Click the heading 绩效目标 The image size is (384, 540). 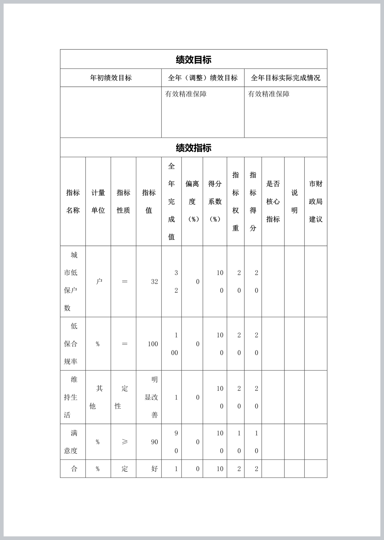coord(193,59)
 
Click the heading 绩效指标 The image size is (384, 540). coord(193,148)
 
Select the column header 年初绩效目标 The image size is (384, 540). coord(111,78)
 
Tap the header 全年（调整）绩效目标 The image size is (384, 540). coord(203,78)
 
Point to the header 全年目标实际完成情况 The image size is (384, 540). coord(285,78)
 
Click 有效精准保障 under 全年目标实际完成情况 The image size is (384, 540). coord(269,94)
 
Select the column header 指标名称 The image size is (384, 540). coord(73,201)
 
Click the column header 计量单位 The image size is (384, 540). coord(98,201)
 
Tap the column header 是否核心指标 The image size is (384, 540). coord(273,201)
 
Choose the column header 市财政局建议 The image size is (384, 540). coord(316,201)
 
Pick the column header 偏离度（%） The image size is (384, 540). coord(192,201)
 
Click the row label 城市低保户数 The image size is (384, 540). coord(71,281)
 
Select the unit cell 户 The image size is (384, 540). coord(99,281)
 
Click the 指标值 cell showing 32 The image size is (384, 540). coord(154,282)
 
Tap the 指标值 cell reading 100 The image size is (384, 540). coord(153,344)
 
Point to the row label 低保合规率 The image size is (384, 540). coord(71,344)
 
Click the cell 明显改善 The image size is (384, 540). coord(151,397)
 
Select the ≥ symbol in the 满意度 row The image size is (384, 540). coord(125,442)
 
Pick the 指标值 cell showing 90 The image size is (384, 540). coord(154,442)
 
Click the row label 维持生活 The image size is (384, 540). coord(71,397)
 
